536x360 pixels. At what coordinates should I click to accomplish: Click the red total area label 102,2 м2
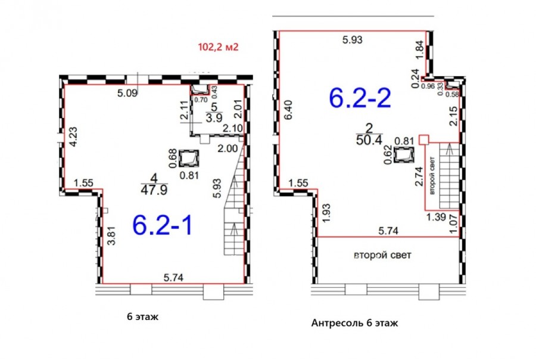tap(218, 46)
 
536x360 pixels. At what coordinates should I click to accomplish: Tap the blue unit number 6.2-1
tap(163, 225)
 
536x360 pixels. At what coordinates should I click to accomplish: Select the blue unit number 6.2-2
tap(360, 98)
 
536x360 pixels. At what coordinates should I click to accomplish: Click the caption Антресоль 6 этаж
tap(354, 323)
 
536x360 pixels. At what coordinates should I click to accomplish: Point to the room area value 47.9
tap(154, 190)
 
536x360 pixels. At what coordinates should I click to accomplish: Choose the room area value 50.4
tap(369, 140)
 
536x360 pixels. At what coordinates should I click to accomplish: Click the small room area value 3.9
tap(214, 117)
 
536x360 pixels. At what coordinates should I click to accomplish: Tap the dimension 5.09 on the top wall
tap(127, 93)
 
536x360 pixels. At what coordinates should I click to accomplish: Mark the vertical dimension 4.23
tap(73, 137)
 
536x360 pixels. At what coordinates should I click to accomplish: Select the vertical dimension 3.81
tap(111, 236)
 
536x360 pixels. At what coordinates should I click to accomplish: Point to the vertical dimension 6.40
tap(288, 110)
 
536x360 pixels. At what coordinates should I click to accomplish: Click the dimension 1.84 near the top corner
tap(419, 50)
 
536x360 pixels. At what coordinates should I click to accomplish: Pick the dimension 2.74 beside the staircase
tap(419, 176)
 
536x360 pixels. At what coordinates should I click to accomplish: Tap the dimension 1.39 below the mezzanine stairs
tap(436, 217)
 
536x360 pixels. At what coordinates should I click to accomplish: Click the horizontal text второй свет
tap(382, 255)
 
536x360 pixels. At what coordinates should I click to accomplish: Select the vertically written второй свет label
tap(432, 176)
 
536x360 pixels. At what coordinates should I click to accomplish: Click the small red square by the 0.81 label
tap(424, 139)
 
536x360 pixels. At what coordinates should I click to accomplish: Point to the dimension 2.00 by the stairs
tap(228, 148)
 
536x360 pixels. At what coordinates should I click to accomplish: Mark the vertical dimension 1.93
tap(326, 213)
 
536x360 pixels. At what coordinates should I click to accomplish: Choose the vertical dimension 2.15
tap(453, 116)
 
